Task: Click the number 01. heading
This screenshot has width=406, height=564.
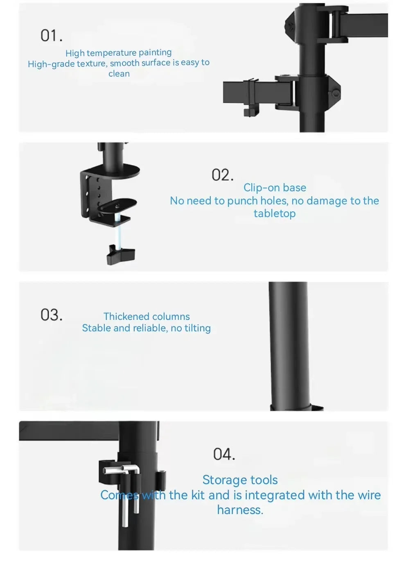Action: coord(51,35)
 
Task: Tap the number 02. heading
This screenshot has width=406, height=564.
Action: coord(223,175)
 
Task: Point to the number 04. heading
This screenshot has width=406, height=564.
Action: coord(224,454)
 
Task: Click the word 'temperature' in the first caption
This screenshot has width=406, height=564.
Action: coord(112,53)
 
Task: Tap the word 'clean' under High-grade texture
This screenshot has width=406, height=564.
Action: coord(119,74)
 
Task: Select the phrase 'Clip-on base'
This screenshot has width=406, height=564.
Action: coord(275,188)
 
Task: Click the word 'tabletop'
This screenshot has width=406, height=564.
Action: coord(275,214)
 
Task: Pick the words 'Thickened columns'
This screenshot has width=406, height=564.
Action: coord(147,317)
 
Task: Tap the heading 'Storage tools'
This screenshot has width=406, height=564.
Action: coord(240,480)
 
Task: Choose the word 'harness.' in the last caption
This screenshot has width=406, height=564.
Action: coord(240,510)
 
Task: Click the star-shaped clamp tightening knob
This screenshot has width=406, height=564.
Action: coord(121,254)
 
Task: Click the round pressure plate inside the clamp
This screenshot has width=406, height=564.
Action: coord(117,205)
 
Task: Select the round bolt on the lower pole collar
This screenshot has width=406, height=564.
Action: coord(336,94)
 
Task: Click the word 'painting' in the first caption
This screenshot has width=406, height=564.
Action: coord(155,52)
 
